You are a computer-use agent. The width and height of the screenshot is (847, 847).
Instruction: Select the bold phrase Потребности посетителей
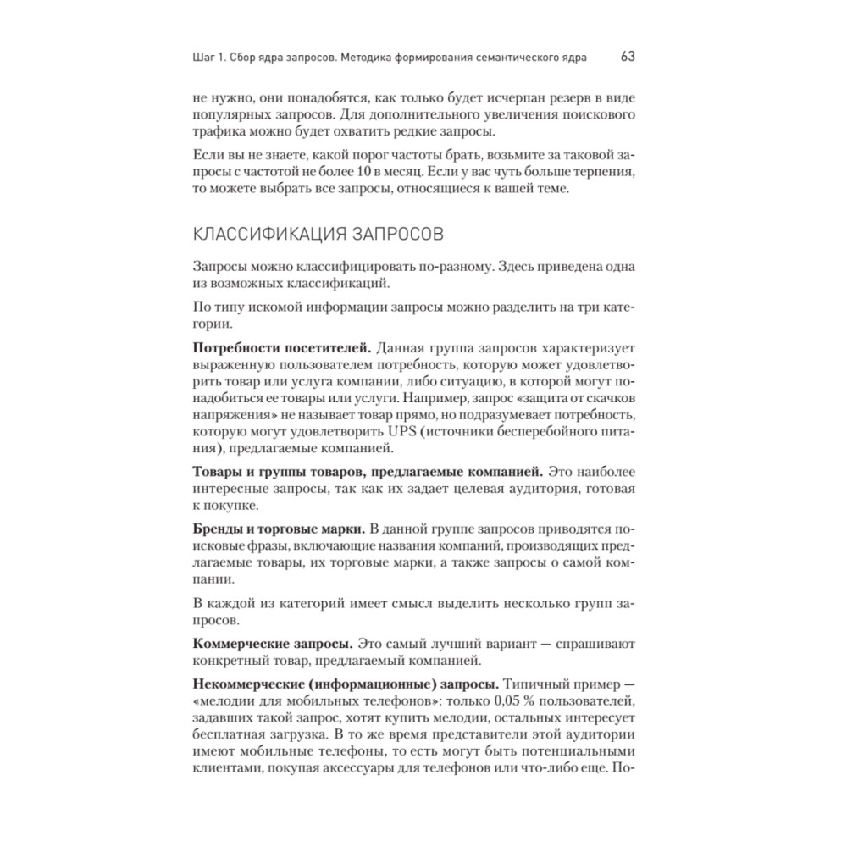tap(280, 348)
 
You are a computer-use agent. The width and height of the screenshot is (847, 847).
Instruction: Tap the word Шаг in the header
tap(206, 58)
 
